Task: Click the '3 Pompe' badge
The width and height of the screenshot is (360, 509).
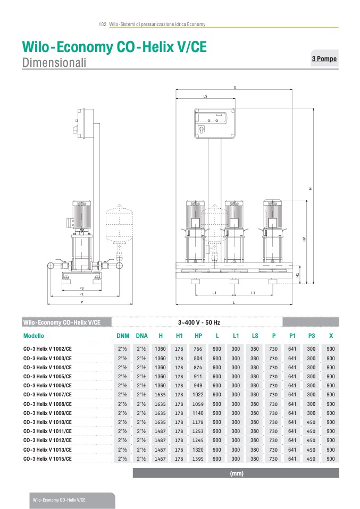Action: point(324,59)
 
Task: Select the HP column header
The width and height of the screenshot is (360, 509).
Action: point(198,336)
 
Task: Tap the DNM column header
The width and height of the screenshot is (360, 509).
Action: point(122,336)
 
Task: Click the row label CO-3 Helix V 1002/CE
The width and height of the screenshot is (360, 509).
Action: point(47,349)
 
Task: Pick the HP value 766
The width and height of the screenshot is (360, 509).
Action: point(198,349)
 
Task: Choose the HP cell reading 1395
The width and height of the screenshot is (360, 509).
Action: point(198,459)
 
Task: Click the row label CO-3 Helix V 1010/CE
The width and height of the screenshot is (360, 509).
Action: point(47,422)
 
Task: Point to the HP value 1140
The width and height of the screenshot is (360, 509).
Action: point(198,413)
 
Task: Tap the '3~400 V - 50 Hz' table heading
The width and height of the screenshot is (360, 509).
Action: point(199,323)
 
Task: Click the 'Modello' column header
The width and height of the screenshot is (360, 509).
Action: point(34,336)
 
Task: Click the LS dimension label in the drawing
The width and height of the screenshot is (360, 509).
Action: point(205,97)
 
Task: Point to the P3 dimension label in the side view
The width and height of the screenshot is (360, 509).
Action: point(81,288)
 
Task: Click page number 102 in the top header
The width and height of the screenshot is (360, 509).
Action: point(103,24)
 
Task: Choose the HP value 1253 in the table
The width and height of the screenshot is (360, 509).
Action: point(198,431)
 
